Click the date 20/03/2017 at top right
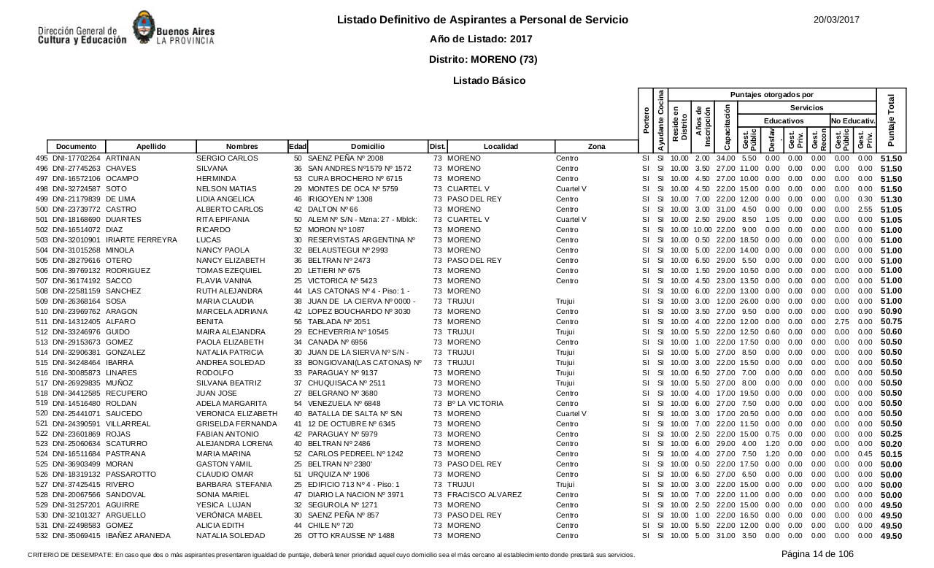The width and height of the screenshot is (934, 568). pyautogui.click(x=836, y=20)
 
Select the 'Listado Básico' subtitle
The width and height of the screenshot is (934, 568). pyautogui.click(x=489, y=80)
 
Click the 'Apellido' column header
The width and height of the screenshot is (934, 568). pyautogui.click(x=151, y=147)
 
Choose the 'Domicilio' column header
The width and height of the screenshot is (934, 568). pyautogui.click(x=367, y=147)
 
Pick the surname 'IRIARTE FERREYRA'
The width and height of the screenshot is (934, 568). pyautogui.click(x=142, y=240)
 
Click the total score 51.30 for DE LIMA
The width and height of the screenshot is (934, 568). pyautogui.click(x=891, y=199)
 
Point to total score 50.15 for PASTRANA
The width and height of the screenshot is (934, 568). pyautogui.click(x=891, y=454)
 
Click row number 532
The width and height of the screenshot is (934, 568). pyautogui.click(x=42, y=536)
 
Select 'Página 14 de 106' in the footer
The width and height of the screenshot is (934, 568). pyautogui.click(x=817, y=554)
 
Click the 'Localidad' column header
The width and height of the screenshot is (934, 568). pyautogui.click(x=501, y=147)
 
